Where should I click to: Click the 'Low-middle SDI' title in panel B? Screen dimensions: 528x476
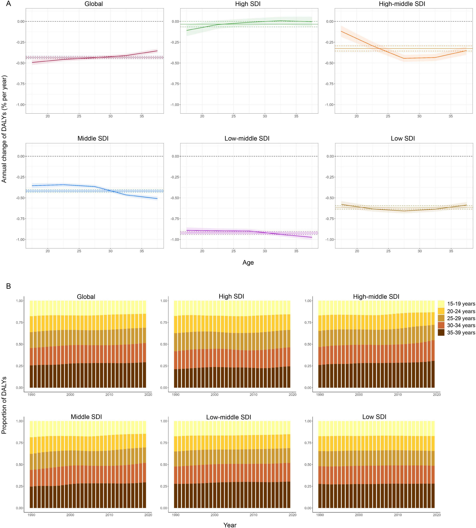pyautogui.click(x=229, y=417)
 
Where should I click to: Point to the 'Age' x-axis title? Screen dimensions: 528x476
pyautogui.click(x=248, y=262)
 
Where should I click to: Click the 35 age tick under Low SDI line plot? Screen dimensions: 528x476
pyautogui.click(x=451, y=251)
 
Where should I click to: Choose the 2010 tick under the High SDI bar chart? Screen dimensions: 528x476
pyautogui.click(x=253, y=395)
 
